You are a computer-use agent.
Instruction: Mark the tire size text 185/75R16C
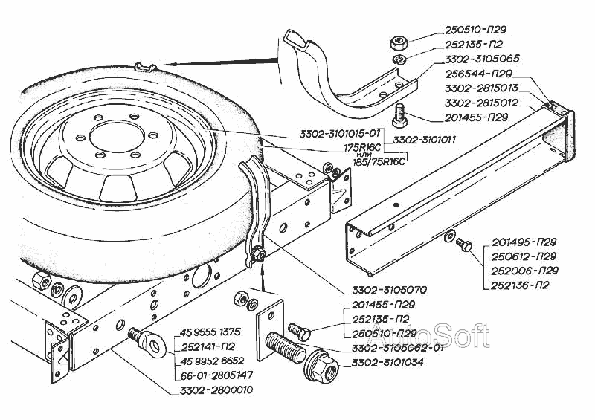pyautogui.click(x=373, y=161)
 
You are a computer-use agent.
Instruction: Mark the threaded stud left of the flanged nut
pyautogui.click(x=285, y=349)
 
